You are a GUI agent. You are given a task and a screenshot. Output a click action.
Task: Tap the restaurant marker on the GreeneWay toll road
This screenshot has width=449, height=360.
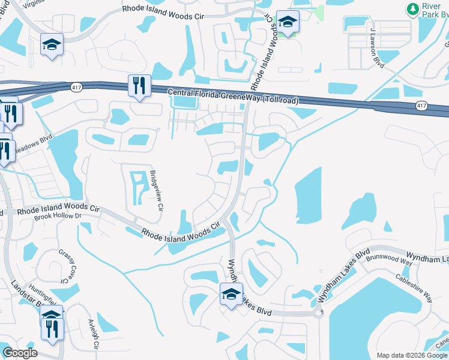(139, 86)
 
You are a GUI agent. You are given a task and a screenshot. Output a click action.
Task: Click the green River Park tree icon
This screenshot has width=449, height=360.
(412, 8)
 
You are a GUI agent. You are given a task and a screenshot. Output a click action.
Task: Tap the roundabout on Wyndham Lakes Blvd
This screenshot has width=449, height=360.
(318, 313)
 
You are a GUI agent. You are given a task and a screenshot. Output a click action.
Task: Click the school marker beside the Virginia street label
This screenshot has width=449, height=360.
(52, 44)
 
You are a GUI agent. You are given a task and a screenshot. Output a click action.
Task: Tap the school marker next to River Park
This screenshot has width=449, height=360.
(288, 23)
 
